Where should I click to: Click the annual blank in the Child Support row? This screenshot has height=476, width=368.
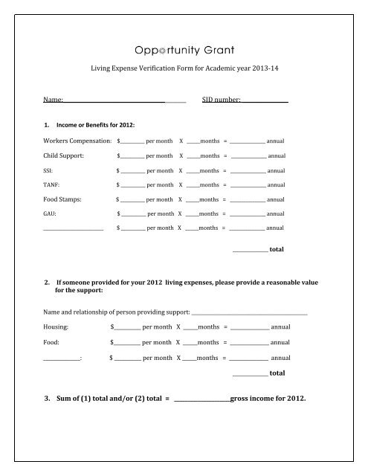tap(248, 156)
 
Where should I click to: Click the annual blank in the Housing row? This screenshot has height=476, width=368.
tap(250, 327)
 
